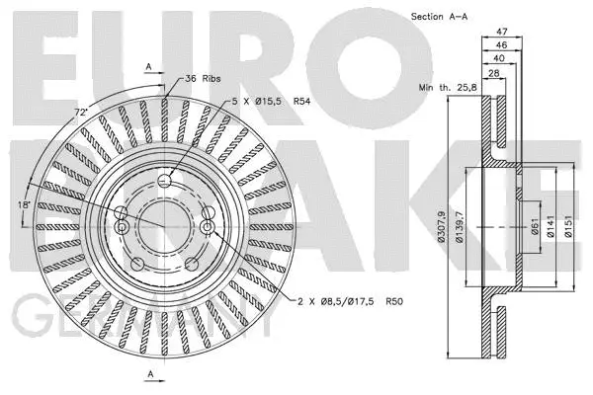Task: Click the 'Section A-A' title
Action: tap(438, 16)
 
